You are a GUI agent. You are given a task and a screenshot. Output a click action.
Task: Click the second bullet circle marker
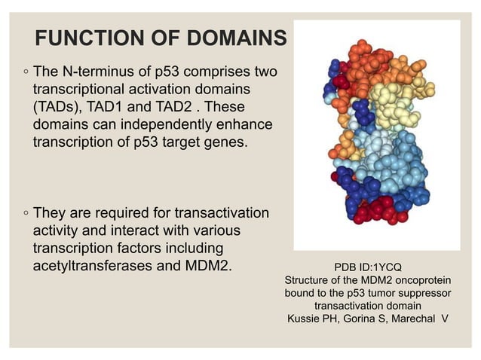[x=26, y=215]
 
